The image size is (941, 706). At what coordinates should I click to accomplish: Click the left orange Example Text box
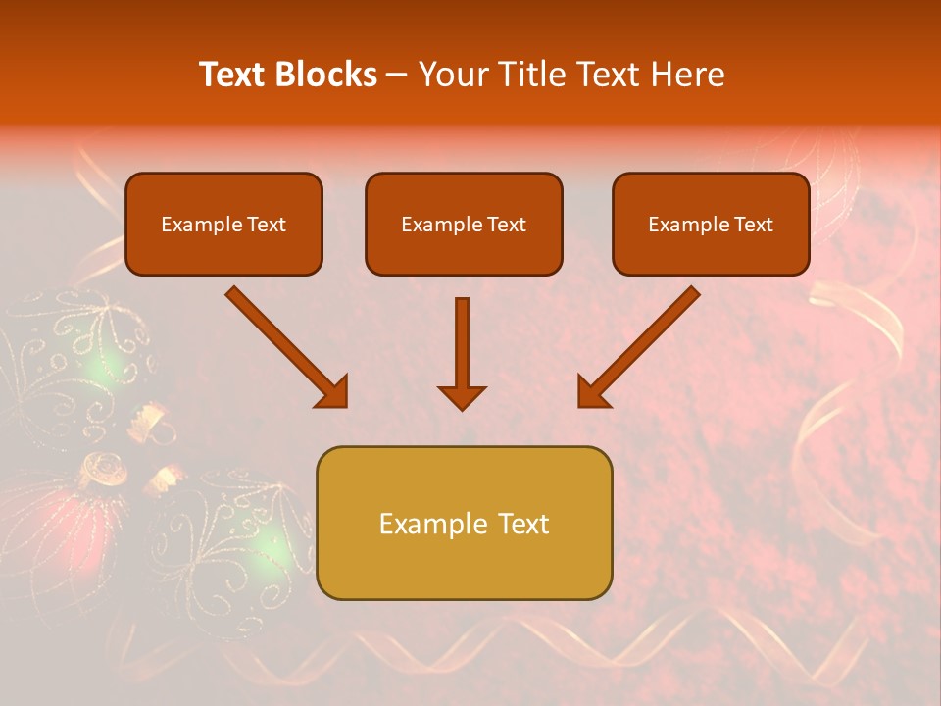[x=223, y=224]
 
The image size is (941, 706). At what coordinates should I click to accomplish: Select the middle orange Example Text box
[x=464, y=224]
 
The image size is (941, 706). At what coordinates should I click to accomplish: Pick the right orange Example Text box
[x=711, y=224]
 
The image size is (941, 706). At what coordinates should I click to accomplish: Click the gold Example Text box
[x=464, y=523]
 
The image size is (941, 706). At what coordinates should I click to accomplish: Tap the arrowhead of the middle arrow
[x=462, y=395]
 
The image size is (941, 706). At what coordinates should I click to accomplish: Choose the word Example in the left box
[x=195, y=225]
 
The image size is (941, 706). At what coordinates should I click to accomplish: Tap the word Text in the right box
[x=754, y=225]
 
